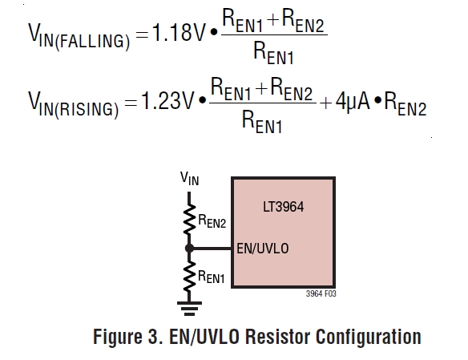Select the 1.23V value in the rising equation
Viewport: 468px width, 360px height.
167,100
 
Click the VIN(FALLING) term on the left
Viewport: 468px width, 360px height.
79,36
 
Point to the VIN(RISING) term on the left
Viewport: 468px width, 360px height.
74,105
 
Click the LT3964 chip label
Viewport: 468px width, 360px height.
283,207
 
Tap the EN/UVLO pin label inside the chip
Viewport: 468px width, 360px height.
263,249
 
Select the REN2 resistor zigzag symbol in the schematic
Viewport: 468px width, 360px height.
189,220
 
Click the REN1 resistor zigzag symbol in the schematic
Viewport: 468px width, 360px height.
189,276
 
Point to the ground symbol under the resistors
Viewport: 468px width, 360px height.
189,308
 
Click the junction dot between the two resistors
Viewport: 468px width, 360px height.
189,248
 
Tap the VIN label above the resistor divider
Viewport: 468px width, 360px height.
190,179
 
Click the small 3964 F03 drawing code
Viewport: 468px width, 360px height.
321,293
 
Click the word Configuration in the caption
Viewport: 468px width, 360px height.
369,338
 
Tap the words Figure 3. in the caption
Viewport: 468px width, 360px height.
128,338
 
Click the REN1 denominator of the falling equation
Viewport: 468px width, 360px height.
273,53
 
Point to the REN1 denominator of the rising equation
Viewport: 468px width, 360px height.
262,122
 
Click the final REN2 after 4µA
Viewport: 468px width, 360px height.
405,104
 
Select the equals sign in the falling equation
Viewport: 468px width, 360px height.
142,34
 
